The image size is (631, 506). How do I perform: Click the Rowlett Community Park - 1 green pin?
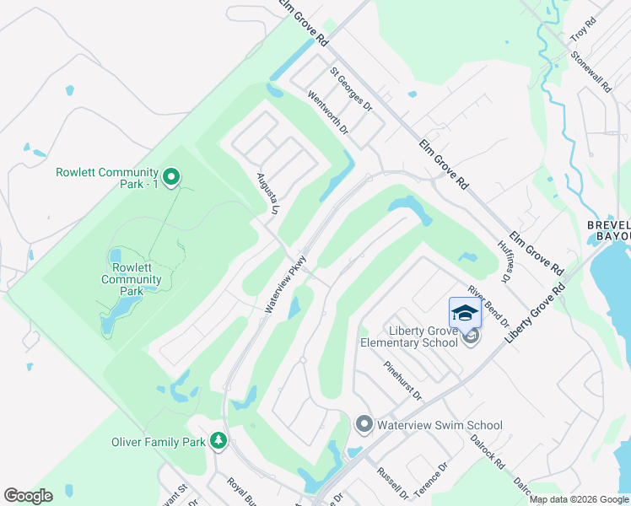tap(171, 177)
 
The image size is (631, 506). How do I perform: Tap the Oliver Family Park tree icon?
tap(218, 441)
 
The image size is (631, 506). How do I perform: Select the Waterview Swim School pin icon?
tap(364, 424)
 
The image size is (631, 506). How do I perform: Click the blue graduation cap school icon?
tap(465, 313)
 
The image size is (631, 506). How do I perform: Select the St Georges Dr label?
tap(351, 89)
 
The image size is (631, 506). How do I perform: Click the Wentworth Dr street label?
tap(328, 114)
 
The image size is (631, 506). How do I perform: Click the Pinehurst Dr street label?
tap(402, 381)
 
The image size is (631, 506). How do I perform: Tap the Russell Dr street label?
tap(392, 483)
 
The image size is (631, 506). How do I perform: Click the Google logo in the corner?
tap(28, 496)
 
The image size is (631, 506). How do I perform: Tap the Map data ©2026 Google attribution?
tap(579, 499)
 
